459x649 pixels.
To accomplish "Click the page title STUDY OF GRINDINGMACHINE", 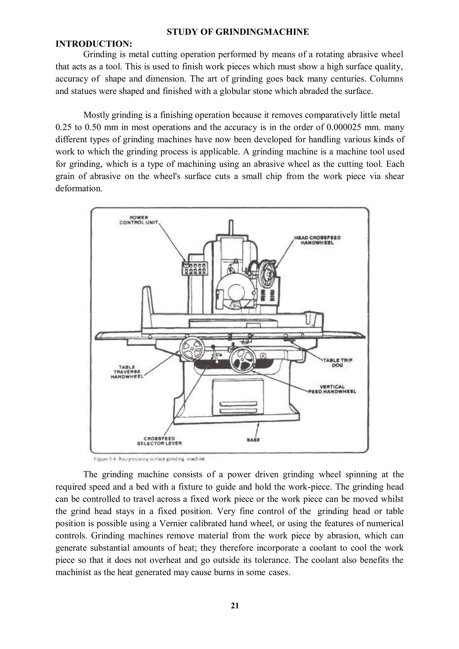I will tap(238, 32).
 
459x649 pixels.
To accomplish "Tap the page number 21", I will tap(235, 606).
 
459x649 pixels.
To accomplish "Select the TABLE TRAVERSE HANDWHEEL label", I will tap(127, 372).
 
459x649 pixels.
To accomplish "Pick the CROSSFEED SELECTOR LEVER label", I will tap(159, 441).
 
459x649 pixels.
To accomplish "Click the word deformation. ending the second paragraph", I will tap(79, 189).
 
